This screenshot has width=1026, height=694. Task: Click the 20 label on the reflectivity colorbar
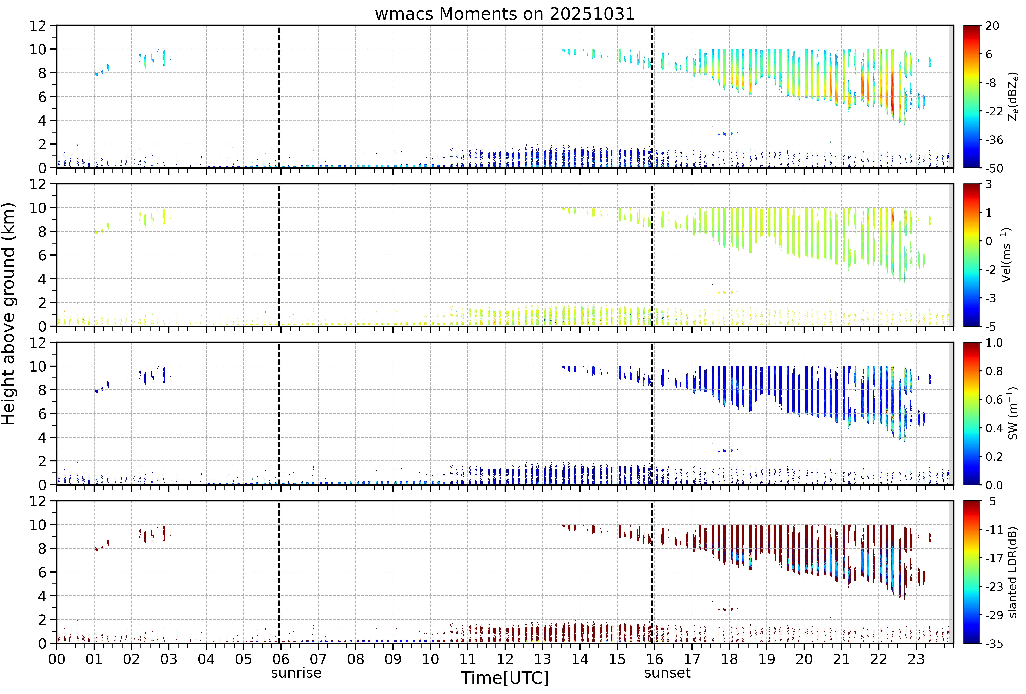coord(992,26)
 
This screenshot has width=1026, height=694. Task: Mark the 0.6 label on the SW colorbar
coord(994,400)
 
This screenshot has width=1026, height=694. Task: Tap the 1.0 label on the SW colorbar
coord(994,343)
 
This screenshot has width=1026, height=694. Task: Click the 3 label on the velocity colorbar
coord(989,184)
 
